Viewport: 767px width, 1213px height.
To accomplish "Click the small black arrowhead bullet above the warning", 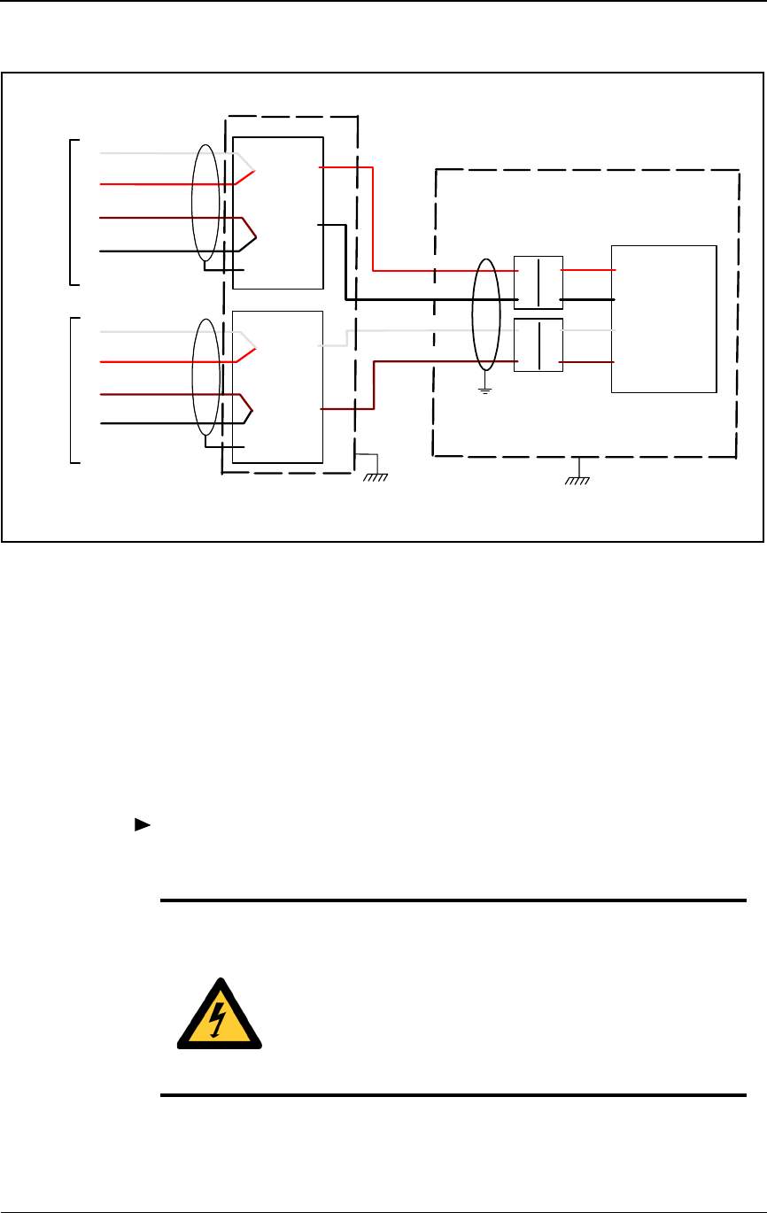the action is click(140, 825).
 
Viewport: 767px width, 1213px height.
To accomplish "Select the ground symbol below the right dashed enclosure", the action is click(578, 478).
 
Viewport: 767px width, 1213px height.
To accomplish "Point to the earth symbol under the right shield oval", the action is click(484, 386).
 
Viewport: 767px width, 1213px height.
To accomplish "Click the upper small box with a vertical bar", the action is click(538, 282).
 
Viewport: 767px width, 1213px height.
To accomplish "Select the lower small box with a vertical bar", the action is click(538, 344).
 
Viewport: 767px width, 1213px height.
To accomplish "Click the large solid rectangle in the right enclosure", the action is click(663, 319).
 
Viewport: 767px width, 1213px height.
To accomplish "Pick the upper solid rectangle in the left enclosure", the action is click(277, 212).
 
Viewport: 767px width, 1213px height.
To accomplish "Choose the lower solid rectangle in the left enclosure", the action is click(277, 387).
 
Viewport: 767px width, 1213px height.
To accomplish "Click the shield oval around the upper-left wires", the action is click(205, 204).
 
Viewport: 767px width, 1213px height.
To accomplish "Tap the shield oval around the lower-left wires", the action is click(205, 377).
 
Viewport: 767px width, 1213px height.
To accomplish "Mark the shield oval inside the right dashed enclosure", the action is click(484, 314).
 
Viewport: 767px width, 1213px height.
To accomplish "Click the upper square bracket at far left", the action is click(71, 212).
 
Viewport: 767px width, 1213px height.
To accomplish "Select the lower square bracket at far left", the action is click(71, 390).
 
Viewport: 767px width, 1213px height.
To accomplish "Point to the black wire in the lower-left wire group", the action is click(151, 424).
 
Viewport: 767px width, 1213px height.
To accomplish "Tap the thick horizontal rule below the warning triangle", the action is click(452, 1096).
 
